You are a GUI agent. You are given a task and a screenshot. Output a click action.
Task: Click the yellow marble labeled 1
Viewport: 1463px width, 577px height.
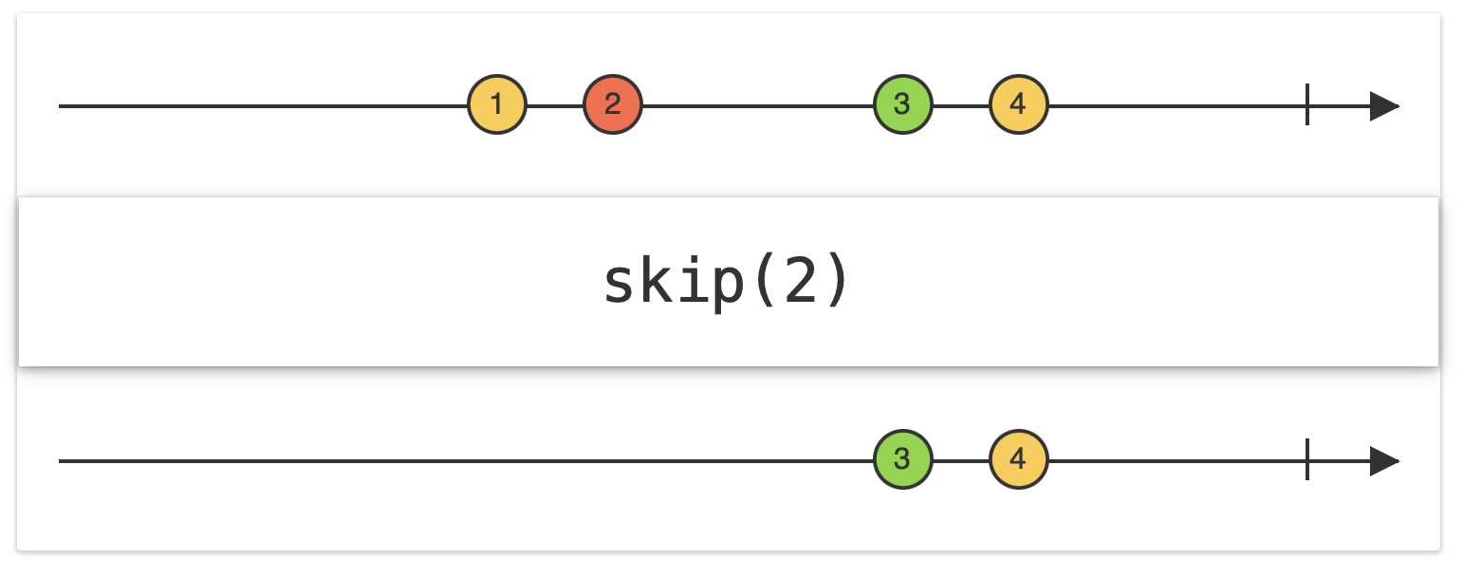tap(496, 104)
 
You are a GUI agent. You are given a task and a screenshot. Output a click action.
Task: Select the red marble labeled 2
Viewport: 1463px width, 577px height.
tap(613, 104)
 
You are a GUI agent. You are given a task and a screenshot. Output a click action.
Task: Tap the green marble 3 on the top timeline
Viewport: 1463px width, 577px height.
tap(902, 104)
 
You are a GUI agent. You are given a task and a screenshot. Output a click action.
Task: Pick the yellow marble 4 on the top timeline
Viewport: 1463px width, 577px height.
tap(1018, 104)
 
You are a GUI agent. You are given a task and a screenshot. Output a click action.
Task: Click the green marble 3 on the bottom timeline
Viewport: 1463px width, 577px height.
tap(902, 460)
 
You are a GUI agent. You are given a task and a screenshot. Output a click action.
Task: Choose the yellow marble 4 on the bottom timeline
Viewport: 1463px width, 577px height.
tap(1018, 460)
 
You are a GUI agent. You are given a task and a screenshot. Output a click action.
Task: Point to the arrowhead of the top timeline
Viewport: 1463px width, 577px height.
tap(1384, 105)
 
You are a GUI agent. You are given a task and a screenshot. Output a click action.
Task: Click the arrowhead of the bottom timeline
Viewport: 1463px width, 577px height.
tap(1384, 461)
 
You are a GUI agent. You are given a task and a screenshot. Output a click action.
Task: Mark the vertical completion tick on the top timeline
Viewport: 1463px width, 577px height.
tap(1307, 104)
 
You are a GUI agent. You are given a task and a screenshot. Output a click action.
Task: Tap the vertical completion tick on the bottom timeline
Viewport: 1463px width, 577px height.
tap(1307, 460)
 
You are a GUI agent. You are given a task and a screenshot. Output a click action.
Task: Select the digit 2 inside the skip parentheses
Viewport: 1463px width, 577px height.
tap(799, 284)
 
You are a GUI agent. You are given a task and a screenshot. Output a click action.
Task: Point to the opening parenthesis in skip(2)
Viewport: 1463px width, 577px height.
tap(765, 284)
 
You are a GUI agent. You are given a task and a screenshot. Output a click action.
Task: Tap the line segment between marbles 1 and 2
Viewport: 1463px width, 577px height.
tap(555, 105)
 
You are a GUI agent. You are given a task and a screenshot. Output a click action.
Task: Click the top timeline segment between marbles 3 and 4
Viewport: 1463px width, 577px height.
tap(960, 105)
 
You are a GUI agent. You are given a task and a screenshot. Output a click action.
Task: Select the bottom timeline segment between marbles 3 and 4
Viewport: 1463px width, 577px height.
tap(960, 461)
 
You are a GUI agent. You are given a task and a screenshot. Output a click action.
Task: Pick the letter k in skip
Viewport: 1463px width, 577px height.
tap(661, 282)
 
